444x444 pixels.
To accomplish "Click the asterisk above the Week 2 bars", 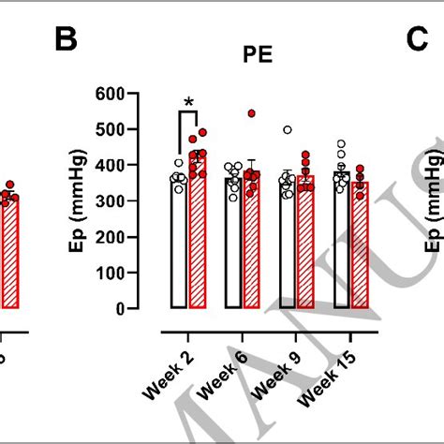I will (189, 102).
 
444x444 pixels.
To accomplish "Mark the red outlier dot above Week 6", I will (251, 114).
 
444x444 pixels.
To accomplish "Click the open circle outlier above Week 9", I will (288, 130).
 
